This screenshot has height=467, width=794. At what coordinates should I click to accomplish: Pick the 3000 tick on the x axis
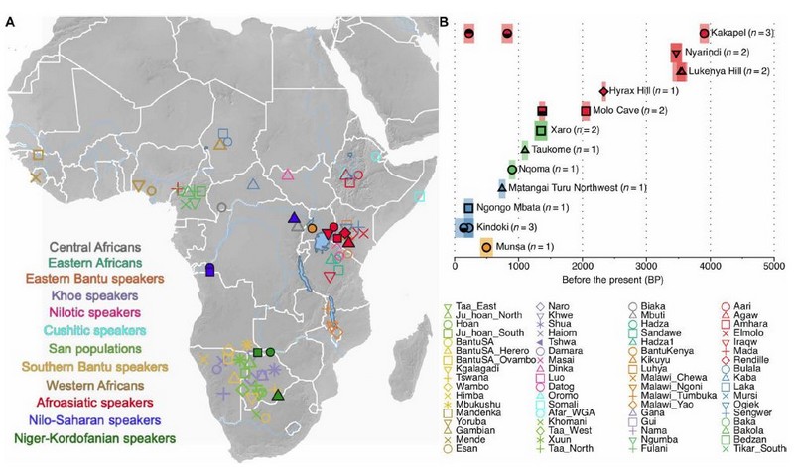(647, 266)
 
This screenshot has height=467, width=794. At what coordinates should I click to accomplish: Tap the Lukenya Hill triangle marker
(681, 70)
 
